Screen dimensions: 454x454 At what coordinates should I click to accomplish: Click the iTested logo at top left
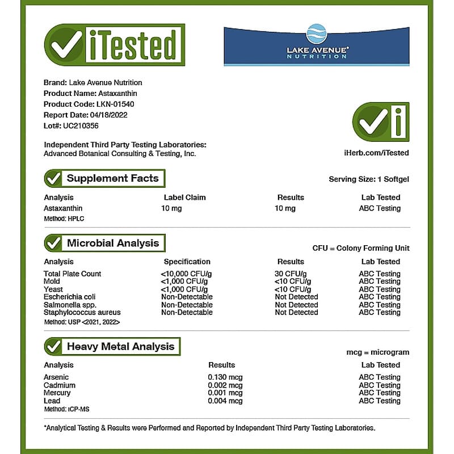click(x=114, y=45)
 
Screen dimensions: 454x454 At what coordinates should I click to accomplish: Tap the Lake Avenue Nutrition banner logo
click(x=316, y=46)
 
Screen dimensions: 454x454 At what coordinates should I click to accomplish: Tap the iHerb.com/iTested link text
click(x=376, y=153)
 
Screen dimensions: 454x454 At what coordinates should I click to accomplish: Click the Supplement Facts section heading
click(x=112, y=178)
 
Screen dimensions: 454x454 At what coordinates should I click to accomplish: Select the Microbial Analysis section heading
click(x=113, y=243)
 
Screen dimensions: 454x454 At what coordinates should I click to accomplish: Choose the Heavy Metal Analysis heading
click(x=120, y=346)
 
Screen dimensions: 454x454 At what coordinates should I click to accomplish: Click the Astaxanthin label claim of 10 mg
click(x=171, y=208)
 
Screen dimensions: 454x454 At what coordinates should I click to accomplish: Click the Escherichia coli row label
click(x=70, y=297)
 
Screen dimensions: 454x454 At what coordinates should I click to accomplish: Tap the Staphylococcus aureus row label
click(x=82, y=312)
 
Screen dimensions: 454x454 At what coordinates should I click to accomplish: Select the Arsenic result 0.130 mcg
click(x=225, y=377)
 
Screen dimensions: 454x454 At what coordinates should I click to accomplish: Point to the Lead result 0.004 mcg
click(x=225, y=401)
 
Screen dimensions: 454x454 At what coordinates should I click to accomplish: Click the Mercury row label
click(x=57, y=393)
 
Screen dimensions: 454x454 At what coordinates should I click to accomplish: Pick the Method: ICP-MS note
click(x=64, y=409)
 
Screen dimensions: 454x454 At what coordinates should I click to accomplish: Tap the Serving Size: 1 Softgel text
click(x=369, y=179)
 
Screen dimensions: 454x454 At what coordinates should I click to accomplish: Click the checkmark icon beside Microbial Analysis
click(x=54, y=243)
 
